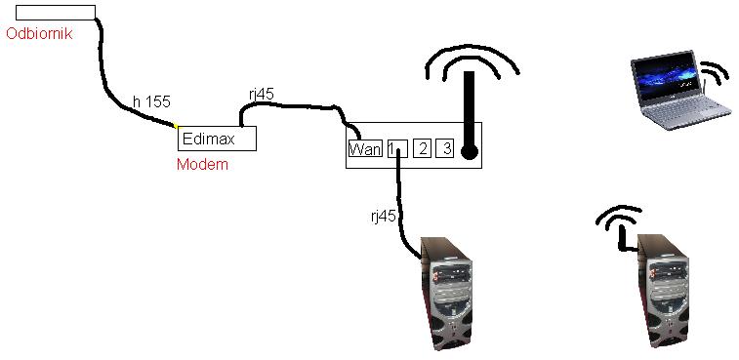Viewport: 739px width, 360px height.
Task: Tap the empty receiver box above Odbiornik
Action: coord(55,13)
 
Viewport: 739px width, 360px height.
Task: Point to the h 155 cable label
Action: coord(151,100)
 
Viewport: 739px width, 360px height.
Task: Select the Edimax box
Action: coord(217,139)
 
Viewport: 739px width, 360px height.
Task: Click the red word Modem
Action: coord(202,165)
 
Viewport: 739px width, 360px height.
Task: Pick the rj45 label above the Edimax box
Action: coord(262,94)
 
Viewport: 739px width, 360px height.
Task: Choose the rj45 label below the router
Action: coord(383,217)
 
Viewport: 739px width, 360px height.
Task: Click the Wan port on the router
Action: coord(364,149)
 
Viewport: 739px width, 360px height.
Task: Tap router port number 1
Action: coord(394,149)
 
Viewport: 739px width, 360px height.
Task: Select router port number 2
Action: coord(422,149)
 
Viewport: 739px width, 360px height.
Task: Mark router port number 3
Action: coord(445,149)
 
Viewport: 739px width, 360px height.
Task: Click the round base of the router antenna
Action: coord(470,152)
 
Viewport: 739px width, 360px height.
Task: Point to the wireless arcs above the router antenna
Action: coord(471,60)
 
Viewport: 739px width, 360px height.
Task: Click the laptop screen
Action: coord(664,77)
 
